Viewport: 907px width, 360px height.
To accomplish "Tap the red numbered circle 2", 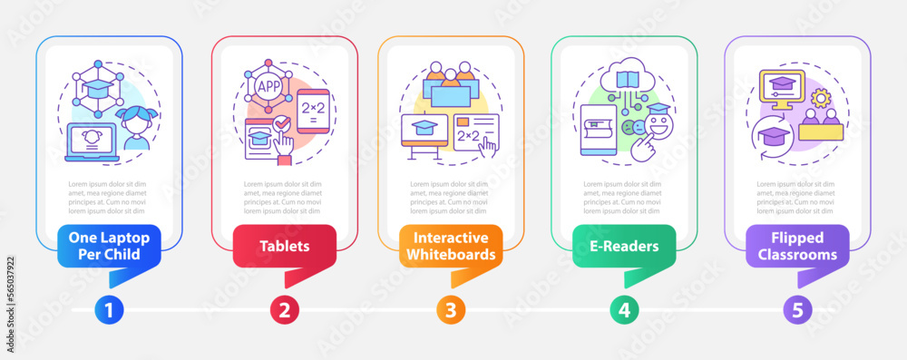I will click(x=284, y=310).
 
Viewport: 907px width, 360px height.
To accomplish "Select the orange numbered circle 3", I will click(x=450, y=310).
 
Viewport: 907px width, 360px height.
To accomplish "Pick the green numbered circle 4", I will click(x=624, y=310).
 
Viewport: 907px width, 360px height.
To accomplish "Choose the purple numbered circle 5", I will click(x=797, y=310).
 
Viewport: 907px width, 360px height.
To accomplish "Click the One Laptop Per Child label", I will click(x=109, y=246).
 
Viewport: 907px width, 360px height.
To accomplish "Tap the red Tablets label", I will click(x=284, y=246).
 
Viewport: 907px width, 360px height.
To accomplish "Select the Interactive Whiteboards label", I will click(x=451, y=246).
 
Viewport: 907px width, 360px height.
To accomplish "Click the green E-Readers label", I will click(x=624, y=246).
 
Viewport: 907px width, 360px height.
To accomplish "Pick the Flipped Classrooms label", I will click(x=798, y=246).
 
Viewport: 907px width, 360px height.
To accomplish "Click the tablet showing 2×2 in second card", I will click(x=313, y=113).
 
